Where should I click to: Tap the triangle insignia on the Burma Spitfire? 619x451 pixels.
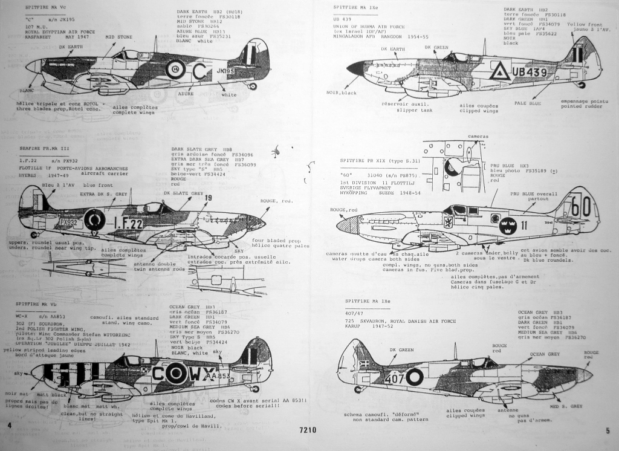click(x=499, y=72)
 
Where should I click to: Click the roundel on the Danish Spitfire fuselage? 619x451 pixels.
click(x=415, y=377)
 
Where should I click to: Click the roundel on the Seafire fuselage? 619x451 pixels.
click(x=94, y=220)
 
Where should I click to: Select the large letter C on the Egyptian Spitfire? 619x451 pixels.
click(x=199, y=71)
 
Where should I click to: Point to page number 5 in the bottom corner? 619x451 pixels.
click(x=608, y=430)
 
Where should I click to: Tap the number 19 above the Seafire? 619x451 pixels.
click(x=208, y=198)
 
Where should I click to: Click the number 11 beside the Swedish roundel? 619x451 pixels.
click(x=523, y=224)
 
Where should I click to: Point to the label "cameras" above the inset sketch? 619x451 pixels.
click(x=478, y=137)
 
